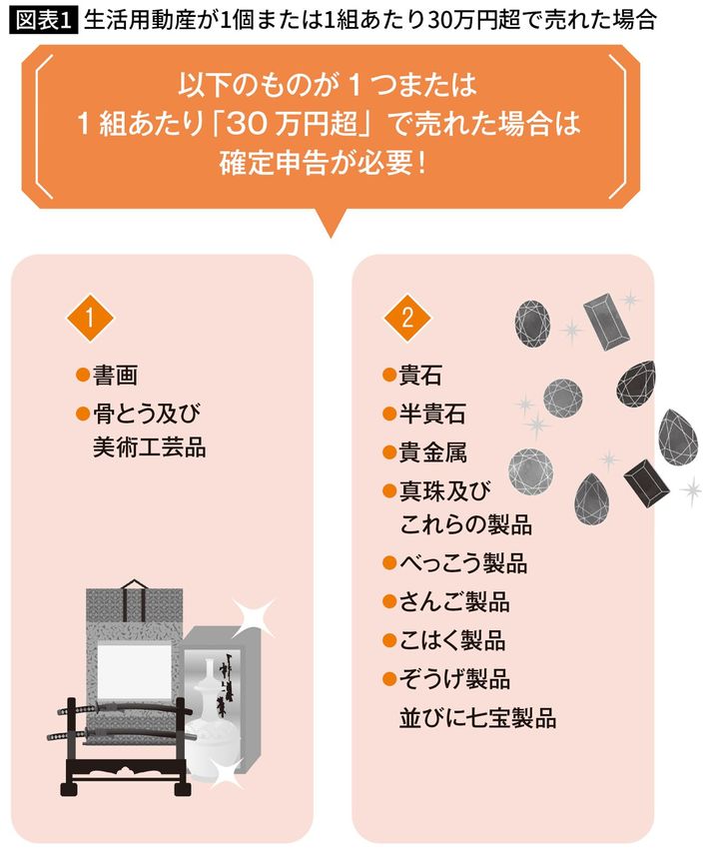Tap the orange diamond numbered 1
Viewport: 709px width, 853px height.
[x=90, y=319]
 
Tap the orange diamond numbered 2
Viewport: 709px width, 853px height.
[x=407, y=319]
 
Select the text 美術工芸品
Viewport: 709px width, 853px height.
[x=150, y=447]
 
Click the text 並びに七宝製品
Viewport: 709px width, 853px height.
[x=478, y=717]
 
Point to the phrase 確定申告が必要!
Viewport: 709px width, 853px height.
[x=322, y=163]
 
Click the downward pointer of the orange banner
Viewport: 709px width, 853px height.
[x=330, y=223]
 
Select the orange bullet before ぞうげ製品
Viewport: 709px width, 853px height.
[x=388, y=679]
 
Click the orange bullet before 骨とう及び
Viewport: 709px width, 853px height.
[x=83, y=414]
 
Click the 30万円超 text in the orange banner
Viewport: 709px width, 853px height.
[x=292, y=124]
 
